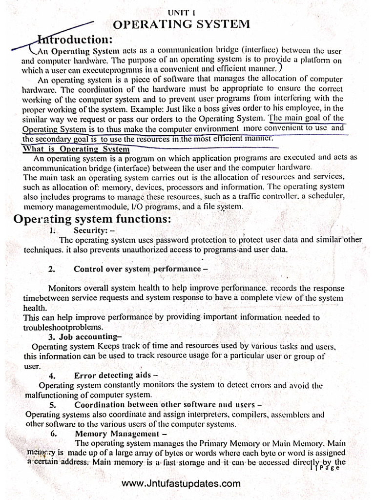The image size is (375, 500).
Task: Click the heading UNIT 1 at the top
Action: (x=181, y=14)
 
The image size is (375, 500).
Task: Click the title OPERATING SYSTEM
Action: (x=182, y=24)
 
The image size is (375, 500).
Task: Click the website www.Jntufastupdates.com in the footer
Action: (x=181, y=484)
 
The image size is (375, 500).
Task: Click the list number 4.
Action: (x=52, y=375)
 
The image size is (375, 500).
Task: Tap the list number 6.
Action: (x=53, y=434)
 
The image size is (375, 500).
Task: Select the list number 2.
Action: (x=52, y=269)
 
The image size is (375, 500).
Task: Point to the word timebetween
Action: (x=44, y=298)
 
